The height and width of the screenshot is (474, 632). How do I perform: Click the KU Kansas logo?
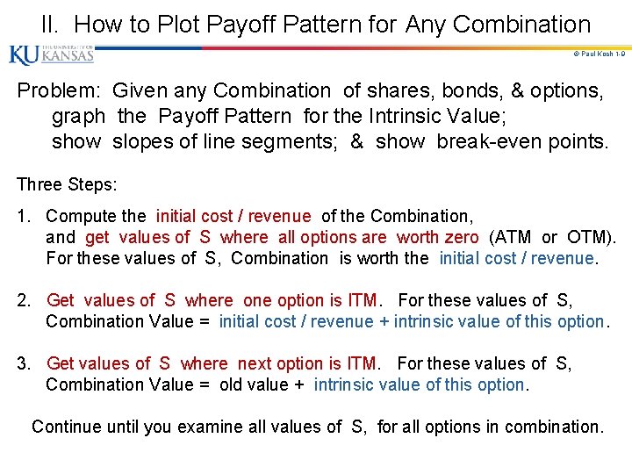pos(51,54)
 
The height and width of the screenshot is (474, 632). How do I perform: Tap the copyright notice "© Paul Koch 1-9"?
pos(599,54)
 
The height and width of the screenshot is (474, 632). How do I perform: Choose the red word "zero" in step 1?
pos(461,237)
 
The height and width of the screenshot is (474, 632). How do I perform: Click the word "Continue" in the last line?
pos(67,427)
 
